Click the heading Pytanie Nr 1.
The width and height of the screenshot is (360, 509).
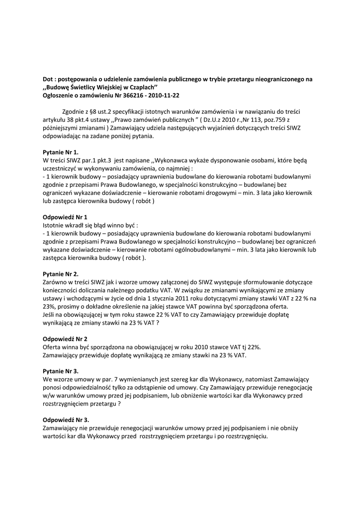coord(61,152)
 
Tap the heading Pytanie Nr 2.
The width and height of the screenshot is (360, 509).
coord(61,274)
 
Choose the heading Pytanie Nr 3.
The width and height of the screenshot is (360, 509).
coord(61,371)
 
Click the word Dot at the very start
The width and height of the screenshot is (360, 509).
coord(48,79)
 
